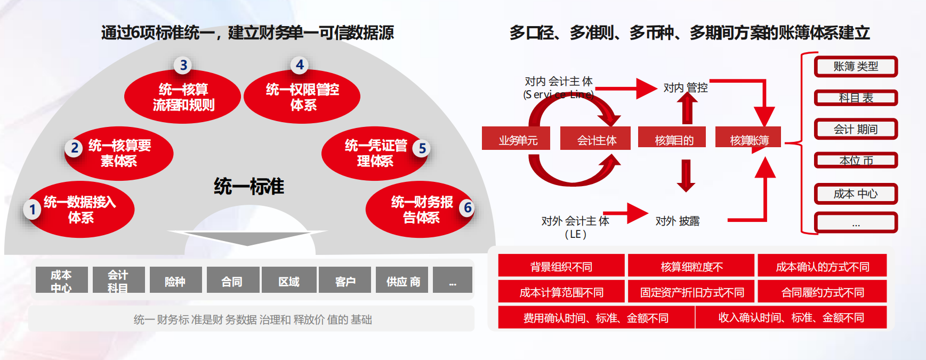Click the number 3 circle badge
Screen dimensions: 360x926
[x=183, y=65]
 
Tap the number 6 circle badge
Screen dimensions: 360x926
[x=468, y=207]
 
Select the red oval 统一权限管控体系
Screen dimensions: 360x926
[x=302, y=97]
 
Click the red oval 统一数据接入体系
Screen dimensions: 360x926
[x=80, y=209]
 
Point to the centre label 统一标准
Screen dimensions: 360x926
[x=249, y=186]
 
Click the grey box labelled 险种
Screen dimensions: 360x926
[x=175, y=281]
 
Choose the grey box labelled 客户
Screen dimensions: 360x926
[x=345, y=281]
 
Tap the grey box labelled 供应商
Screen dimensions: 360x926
[x=403, y=281]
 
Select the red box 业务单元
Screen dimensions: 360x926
[x=518, y=139]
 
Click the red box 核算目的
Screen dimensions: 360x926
[x=674, y=139]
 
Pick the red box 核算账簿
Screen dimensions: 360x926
[x=749, y=139]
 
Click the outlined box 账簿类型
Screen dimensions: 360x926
[x=856, y=67]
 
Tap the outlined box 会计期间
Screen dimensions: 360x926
[x=856, y=129]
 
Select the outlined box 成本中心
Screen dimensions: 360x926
[x=856, y=194]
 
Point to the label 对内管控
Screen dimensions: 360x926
[x=686, y=87]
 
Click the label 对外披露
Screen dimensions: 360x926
[x=678, y=221]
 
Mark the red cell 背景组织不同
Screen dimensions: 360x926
[x=561, y=266]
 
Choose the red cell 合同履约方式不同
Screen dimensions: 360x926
[x=823, y=292]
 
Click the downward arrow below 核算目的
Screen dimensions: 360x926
[x=686, y=175]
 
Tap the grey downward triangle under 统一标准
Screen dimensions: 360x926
[x=247, y=237]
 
